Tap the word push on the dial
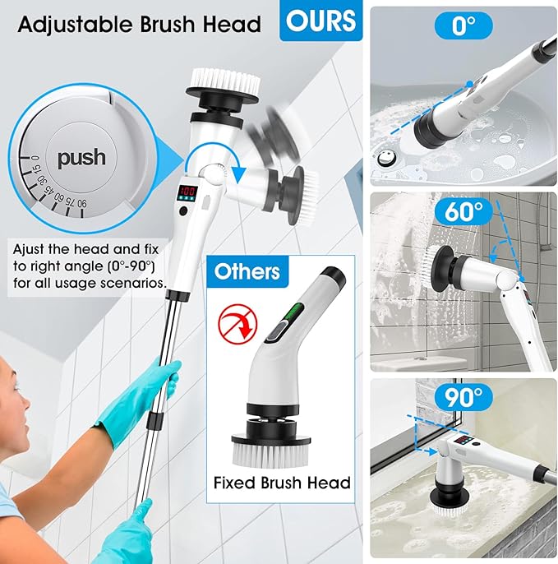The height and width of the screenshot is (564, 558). click(x=81, y=157)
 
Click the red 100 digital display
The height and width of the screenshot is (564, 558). click(x=187, y=191)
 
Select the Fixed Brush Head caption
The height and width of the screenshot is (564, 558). click(x=282, y=483)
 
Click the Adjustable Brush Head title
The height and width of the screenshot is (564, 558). click(x=140, y=23)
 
